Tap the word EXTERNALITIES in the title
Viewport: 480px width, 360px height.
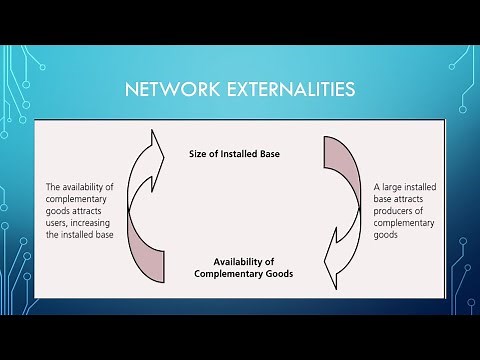(x=290, y=91)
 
